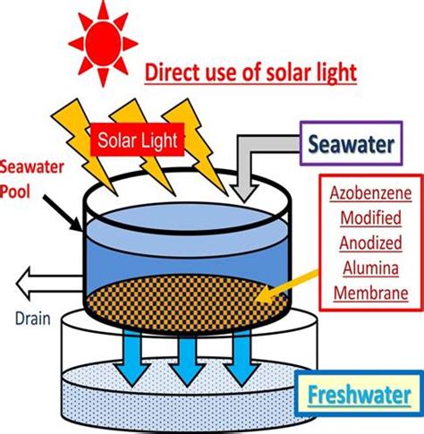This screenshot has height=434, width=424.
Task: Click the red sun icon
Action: click(x=103, y=43)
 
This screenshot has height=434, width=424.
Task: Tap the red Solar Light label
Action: click(x=138, y=140)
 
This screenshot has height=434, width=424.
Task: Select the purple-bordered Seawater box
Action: click(x=352, y=143)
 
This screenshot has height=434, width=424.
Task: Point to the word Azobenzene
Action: click(x=370, y=193)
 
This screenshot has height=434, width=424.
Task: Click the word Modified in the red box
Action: click(x=370, y=217)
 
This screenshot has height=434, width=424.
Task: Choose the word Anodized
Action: click(x=370, y=243)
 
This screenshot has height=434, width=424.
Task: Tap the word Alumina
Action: click(x=370, y=268)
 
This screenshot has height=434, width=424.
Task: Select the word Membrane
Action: click(x=370, y=293)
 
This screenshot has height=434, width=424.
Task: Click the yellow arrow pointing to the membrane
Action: click(x=287, y=287)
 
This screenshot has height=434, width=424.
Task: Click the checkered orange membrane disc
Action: click(x=187, y=302)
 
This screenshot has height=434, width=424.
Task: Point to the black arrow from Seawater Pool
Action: click(x=62, y=212)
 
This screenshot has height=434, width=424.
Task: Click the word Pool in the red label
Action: click(x=15, y=191)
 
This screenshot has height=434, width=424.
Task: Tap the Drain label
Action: click(x=33, y=319)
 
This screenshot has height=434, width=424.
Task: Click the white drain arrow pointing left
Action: click(x=49, y=284)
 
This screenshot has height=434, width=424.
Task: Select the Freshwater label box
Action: click(x=359, y=394)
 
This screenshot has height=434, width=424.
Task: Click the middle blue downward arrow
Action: click(x=187, y=358)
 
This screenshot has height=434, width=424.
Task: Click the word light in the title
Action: click(x=336, y=73)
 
